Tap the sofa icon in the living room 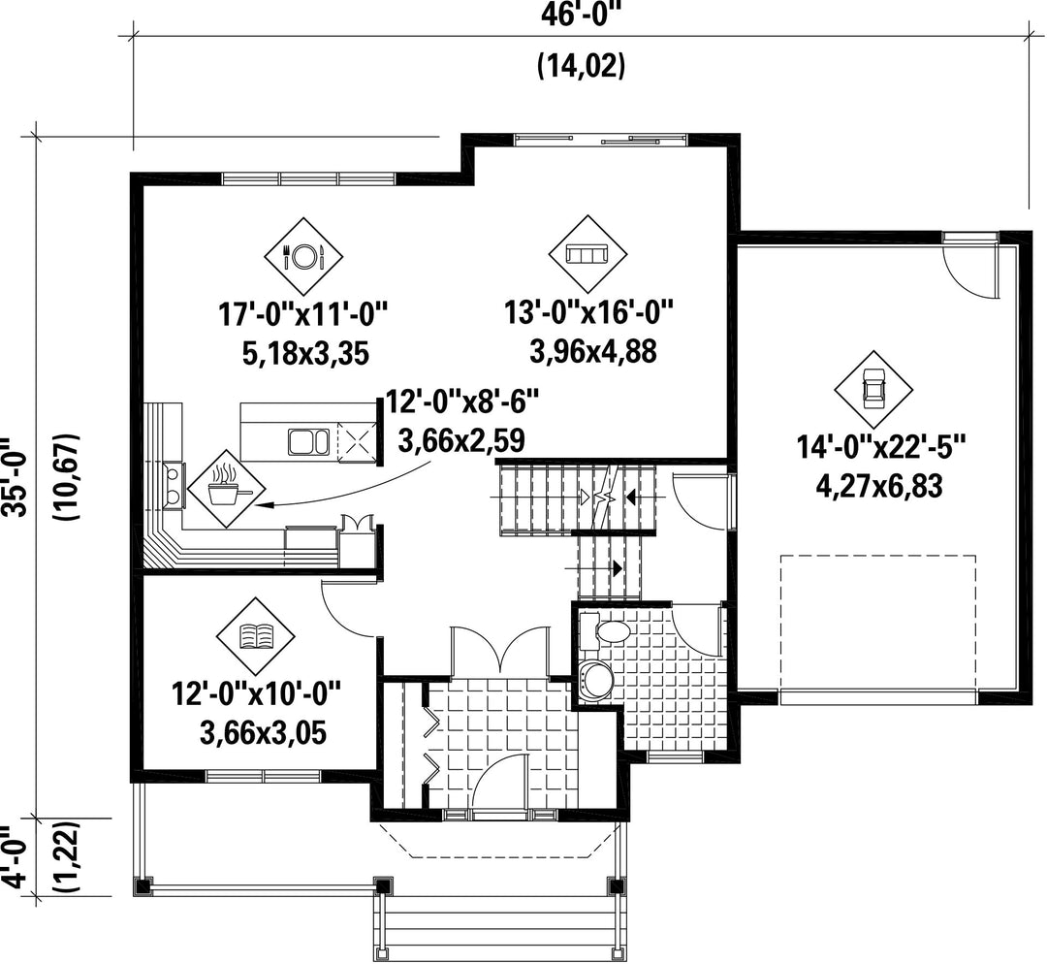click(587, 254)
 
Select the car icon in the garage click(872, 390)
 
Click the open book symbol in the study click(257, 636)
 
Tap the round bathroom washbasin click(593, 682)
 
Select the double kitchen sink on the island click(308, 441)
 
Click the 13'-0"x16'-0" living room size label click(588, 312)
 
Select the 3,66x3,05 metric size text click(263, 733)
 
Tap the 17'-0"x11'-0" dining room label click(303, 313)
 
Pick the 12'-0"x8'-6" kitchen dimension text click(462, 402)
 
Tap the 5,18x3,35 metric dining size click(305, 353)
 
